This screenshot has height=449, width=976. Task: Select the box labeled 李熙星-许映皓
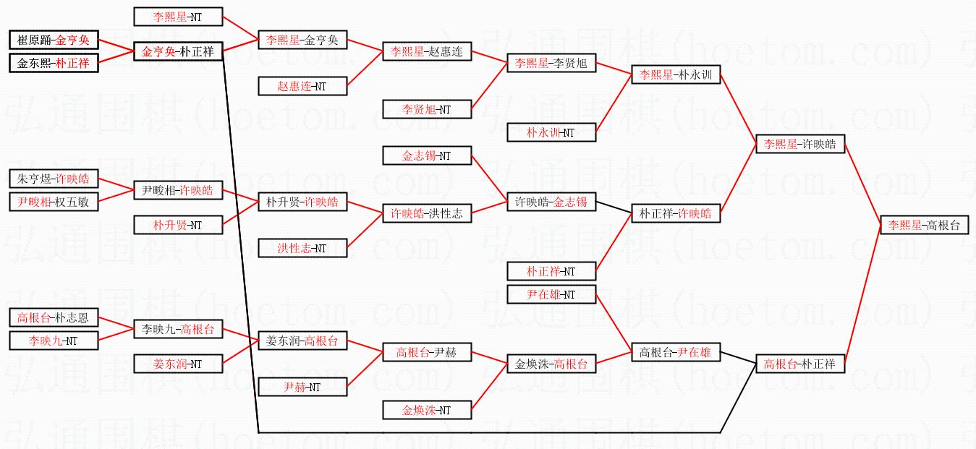[x=799, y=144]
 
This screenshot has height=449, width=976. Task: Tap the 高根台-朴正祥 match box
[x=799, y=364]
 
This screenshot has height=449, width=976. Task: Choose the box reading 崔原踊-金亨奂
[x=54, y=40]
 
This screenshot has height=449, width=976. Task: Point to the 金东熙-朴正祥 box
[x=54, y=63]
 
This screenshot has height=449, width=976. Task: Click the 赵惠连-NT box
[x=302, y=86]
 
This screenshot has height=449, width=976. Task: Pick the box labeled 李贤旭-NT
[x=427, y=109]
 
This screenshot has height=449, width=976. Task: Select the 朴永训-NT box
[x=551, y=132]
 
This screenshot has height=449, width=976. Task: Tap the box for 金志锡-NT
[x=427, y=155]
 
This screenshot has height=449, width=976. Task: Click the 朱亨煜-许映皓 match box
[x=54, y=179]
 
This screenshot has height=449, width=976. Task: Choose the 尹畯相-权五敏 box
[x=54, y=202]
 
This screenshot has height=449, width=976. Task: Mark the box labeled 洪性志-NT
[x=302, y=248]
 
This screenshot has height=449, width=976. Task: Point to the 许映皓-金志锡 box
[x=551, y=202]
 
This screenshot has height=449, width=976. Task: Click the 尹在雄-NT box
[x=551, y=294]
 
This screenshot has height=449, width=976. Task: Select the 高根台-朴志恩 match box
[x=54, y=317]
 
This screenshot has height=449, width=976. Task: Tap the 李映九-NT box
[x=54, y=341]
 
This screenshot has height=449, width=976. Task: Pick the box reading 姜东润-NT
[x=178, y=364]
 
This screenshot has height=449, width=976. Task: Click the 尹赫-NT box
[x=302, y=387]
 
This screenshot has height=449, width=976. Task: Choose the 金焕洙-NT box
[x=427, y=410]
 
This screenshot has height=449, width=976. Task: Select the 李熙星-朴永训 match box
[x=676, y=74]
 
